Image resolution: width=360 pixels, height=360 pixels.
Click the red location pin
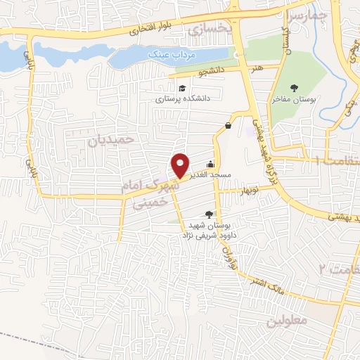pos(180,165)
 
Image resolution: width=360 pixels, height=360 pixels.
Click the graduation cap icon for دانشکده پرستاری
pos(183,88)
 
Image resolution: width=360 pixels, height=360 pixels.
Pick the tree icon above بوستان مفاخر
pos(294,87)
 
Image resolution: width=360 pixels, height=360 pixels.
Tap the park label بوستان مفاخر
pos(294,99)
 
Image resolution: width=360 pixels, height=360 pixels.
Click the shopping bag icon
pos(229,126)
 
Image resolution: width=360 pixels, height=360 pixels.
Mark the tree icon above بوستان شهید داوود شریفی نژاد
pos(208,214)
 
